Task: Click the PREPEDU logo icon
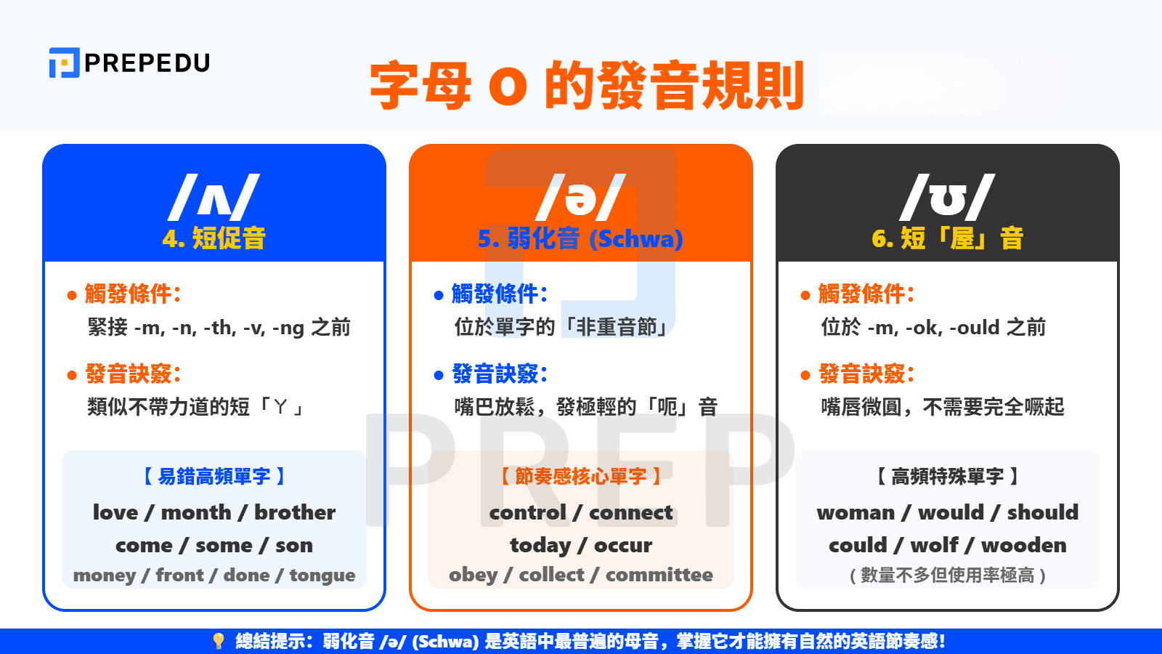click(x=64, y=62)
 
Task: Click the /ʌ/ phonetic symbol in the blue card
click(x=214, y=198)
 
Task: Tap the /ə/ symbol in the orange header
click(x=580, y=198)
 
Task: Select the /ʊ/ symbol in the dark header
click(x=947, y=198)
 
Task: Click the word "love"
click(x=115, y=512)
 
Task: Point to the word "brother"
click(x=295, y=512)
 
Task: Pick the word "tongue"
click(x=322, y=576)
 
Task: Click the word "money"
click(x=105, y=576)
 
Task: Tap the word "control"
click(x=527, y=512)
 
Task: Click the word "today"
click(x=540, y=545)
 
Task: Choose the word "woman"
click(x=856, y=512)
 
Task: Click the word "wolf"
click(x=935, y=545)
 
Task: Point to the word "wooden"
click(x=1024, y=545)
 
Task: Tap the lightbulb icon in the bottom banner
click(x=218, y=641)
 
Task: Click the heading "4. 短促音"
click(x=214, y=238)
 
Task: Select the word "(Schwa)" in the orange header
click(x=636, y=238)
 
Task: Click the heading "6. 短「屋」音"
click(x=947, y=238)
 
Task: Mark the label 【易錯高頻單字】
click(x=214, y=477)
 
